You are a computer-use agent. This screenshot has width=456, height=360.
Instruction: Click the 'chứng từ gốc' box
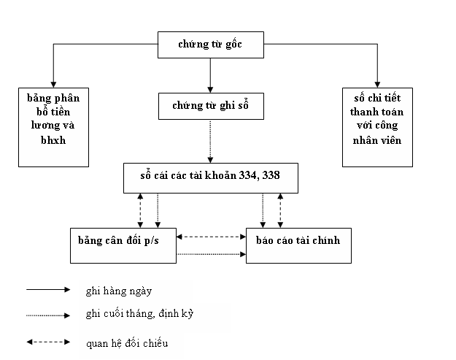(x=210, y=45)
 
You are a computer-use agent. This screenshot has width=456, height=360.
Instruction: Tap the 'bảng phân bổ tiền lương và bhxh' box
(x=53, y=125)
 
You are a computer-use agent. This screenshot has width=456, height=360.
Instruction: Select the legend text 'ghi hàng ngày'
(x=117, y=291)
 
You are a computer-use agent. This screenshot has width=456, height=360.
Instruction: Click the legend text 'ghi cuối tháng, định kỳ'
(x=139, y=314)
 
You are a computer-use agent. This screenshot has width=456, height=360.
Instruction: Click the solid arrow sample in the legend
(x=48, y=289)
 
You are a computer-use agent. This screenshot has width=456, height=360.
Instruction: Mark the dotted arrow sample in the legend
(x=48, y=315)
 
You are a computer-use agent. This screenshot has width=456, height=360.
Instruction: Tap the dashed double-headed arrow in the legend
(x=48, y=342)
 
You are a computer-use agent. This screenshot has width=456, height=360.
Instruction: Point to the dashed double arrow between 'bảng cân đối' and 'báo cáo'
(x=212, y=237)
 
